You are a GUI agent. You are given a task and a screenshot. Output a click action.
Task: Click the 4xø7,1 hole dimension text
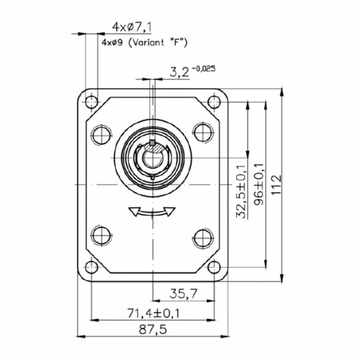pyautogui.click(x=131, y=28)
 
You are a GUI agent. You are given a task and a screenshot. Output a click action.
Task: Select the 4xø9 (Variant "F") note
pyautogui.click(x=145, y=43)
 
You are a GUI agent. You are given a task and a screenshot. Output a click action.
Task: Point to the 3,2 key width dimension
pyautogui.click(x=179, y=73)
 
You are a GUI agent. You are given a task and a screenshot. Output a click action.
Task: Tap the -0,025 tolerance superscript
pyautogui.click(x=203, y=68)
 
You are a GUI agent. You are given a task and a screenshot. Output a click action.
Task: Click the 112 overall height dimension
pyautogui.click(x=276, y=185)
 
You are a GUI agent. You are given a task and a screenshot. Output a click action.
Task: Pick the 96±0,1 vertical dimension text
pyautogui.click(x=259, y=184)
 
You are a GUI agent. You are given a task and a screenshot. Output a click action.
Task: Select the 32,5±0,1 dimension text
pyautogui.click(x=242, y=192)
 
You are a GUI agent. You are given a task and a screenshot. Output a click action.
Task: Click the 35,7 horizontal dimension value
pyautogui.click(x=184, y=293)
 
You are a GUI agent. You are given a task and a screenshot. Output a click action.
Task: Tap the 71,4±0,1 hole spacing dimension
pyautogui.click(x=154, y=313)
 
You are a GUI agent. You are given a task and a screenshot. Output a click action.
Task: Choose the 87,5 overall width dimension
pyautogui.click(x=152, y=329)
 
